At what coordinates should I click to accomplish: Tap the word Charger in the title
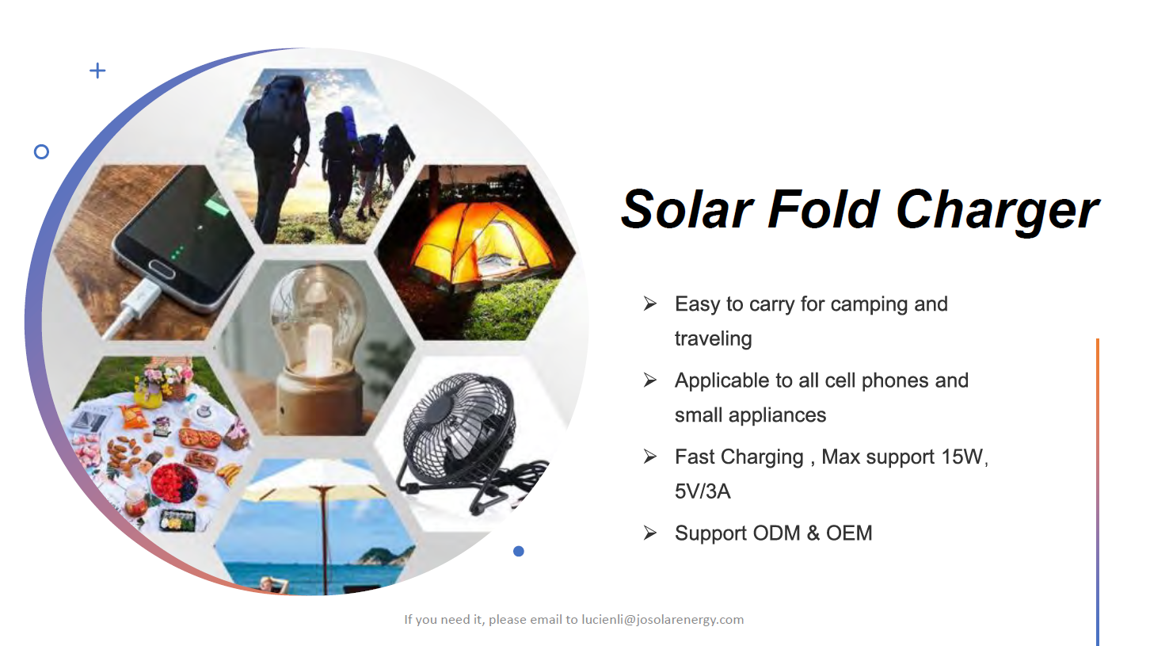(996, 212)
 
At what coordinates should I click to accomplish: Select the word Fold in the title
(823, 210)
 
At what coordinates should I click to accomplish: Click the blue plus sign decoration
(97, 71)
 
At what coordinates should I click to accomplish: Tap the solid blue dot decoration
(519, 552)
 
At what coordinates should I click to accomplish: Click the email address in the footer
(662, 620)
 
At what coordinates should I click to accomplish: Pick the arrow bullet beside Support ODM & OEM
(650, 533)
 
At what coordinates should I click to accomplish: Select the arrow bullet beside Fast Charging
(650, 457)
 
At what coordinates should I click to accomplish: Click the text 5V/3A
(703, 491)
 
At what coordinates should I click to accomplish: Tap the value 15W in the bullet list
(962, 457)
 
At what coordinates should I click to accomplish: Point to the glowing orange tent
(482, 247)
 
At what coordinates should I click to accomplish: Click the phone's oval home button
(162, 268)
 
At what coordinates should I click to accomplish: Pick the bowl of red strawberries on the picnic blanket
(173, 483)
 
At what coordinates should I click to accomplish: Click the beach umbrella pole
(324, 540)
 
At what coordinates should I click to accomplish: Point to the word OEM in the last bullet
(849, 533)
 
